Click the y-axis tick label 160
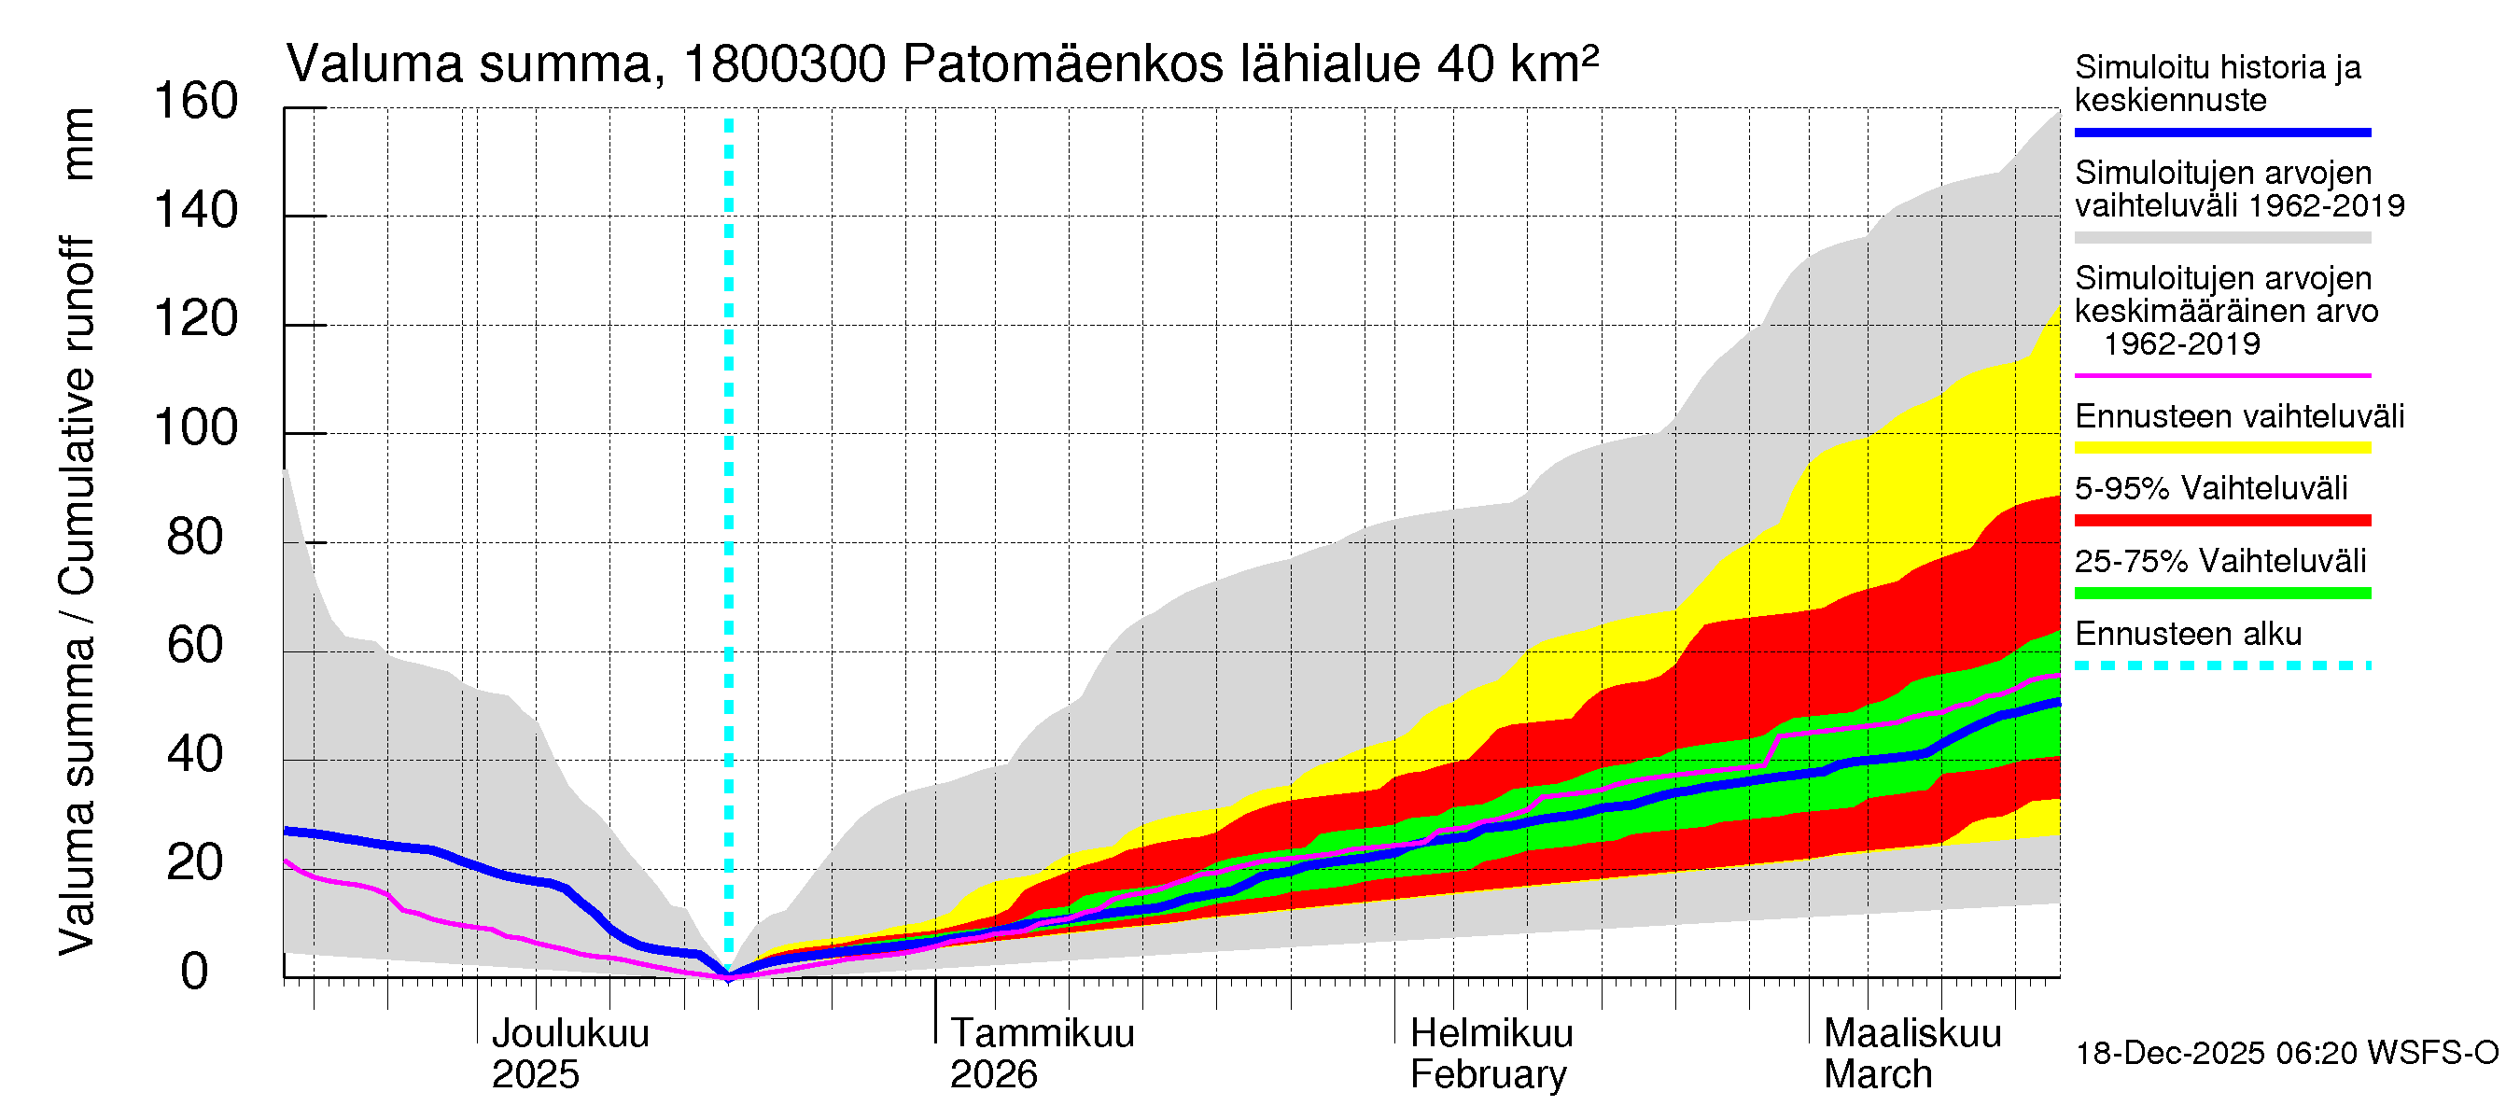pyautogui.click(x=196, y=102)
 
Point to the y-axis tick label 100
pyautogui.click(x=196, y=428)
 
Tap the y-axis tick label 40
pyautogui.click(x=196, y=754)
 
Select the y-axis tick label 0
pyautogui.click(x=195, y=973)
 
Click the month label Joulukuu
pyautogui.click(x=570, y=1033)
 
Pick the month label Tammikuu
pyautogui.click(x=1042, y=1033)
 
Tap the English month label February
pyautogui.click(x=1488, y=1075)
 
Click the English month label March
pyautogui.click(x=1877, y=1075)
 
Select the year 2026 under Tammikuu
pyautogui.click(x=993, y=1075)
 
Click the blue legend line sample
pyautogui.click(x=2221, y=132)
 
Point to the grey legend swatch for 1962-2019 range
pyautogui.click(x=2221, y=238)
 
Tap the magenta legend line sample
pyautogui.click(x=2221, y=375)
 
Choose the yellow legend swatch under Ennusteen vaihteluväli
pyautogui.click(x=2221, y=448)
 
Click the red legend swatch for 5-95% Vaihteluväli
pyautogui.click(x=2221, y=521)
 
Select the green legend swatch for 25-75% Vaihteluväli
pyautogui.click(x=2221, y=593)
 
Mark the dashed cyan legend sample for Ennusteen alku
pyautogui.click(x=2221, y=666)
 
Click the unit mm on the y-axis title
pyautogui.click(x=78, y=144)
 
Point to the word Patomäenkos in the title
pyautogui.click(x=1062, y=64)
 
